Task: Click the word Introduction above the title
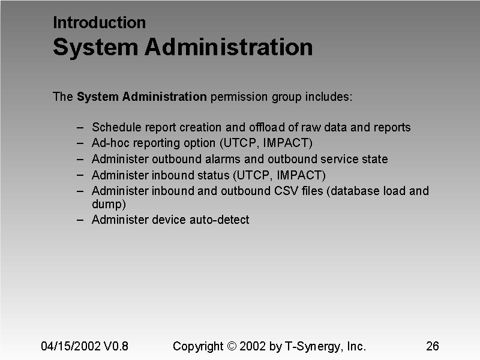pyautogui.click(x=99, y=23)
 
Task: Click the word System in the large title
pyautogui.click(x=95, y=47)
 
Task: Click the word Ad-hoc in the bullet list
pyautogui.click(x=109, y=143)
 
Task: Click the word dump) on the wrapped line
pyautogui.click(x=109, y=204)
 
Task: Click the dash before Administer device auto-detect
pyautogui.click(x=80, y=220)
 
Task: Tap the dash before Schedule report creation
pyautogui.click(x=80, y=127)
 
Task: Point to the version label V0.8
pyautogui.click(x=116, y=346)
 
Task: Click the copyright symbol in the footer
pyautogui.click(x=233, y=346)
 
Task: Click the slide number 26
pyautogui.click(x=433, y=346)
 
